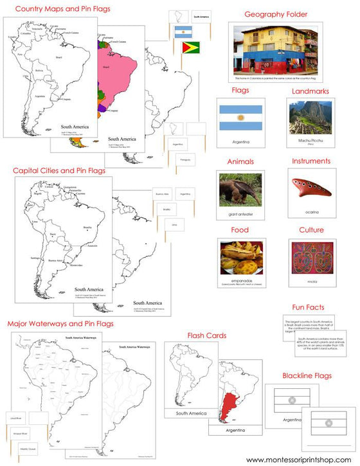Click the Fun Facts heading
point(311,308)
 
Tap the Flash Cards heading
point(208,335)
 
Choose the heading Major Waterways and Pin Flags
point(60,323)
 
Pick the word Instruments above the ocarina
point(310,161)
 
